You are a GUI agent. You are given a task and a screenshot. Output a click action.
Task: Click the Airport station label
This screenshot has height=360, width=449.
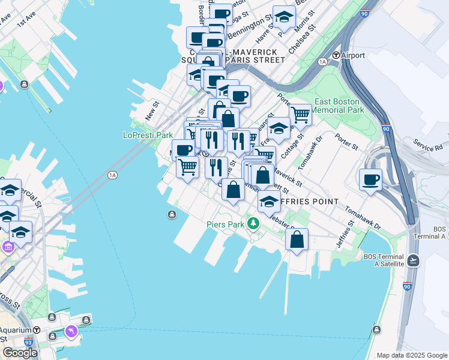coord(353,55)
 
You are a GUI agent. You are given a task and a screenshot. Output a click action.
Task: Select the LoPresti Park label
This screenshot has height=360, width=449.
coord(148,135)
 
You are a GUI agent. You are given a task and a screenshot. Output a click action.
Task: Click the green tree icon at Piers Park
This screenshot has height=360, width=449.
coord(254,224)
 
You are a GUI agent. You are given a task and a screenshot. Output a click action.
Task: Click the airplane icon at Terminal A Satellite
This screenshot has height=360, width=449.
coord(413,260)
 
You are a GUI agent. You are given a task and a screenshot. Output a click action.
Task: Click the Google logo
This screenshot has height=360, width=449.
coord(20,353)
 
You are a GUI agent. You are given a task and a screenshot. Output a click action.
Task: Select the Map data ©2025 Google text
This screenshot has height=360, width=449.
coord(412,355)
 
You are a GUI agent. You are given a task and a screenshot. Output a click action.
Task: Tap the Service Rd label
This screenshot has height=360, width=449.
coord(427,145)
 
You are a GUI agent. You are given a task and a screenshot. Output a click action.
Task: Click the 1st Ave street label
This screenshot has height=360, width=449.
coord(27,22)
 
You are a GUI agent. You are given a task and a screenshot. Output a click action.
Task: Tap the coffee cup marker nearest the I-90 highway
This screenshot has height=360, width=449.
coord(370,179)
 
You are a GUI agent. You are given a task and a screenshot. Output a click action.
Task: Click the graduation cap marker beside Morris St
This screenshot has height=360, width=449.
coord(284,18)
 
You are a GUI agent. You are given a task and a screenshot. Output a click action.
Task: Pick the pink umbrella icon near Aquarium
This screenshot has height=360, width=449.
coord(71,331)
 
